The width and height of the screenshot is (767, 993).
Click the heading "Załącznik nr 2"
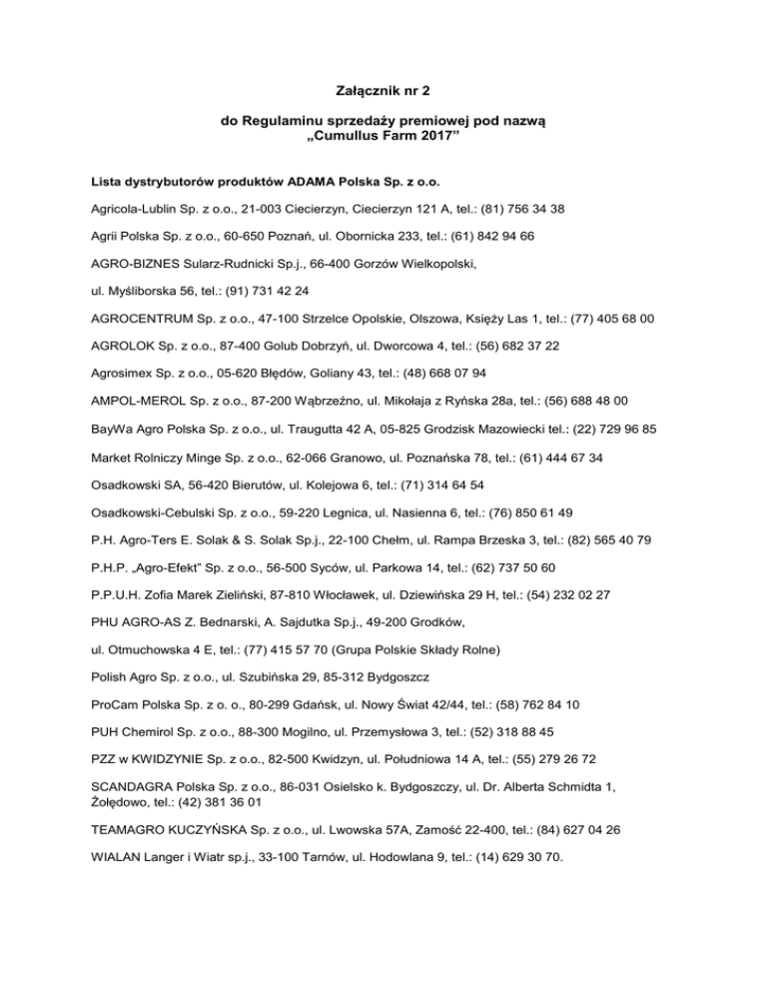coord(383,91)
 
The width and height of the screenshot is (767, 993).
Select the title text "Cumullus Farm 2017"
coord(383,148)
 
